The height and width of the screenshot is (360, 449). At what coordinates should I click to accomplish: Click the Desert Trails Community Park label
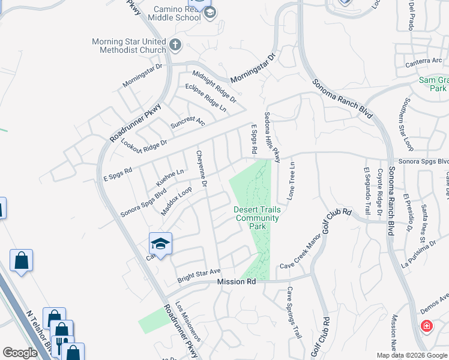coord(257,218)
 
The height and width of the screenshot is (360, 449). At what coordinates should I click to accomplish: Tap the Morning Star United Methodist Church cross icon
coord(175,45)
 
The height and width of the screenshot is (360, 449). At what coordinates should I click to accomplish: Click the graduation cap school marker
coord(160,244)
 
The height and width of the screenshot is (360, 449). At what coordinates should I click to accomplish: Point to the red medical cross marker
coord(426,326)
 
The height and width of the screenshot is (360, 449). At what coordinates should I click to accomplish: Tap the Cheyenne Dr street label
coord(202,169)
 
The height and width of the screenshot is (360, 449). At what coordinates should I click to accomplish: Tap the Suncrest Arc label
coord(187,122)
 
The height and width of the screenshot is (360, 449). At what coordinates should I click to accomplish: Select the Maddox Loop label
coord(176,201)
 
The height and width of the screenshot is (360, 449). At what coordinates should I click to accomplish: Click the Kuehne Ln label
coord(170,178)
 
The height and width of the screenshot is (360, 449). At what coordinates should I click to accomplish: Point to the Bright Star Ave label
coord(199,276)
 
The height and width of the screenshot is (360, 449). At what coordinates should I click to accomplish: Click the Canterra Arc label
coord(423,61)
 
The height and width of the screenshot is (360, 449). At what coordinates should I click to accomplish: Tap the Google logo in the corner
coord(20,352)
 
